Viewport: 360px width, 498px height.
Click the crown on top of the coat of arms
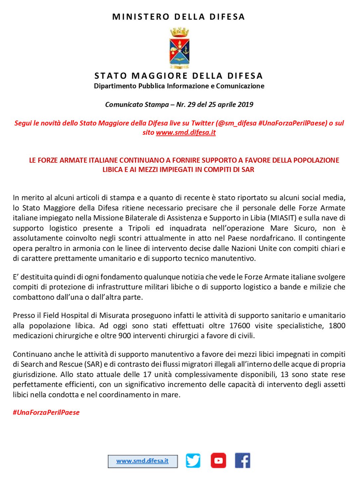click(x=179, y=32)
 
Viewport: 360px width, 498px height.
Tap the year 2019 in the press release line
click(x=245, y=105)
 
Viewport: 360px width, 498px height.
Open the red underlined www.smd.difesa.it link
click(x=186, y=132)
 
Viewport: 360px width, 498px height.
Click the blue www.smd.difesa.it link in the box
click(x=142, y=461)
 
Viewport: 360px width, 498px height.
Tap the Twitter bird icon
click(x=193, y=461)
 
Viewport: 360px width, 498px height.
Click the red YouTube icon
click(x=218, y=461)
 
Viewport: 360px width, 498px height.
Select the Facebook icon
click(x=242, y=461)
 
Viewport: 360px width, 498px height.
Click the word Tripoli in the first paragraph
click(x=139, y=228)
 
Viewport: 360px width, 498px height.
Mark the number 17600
click(x=240, y=326)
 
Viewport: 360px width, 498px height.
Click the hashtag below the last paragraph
click(x=46, y=412)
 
